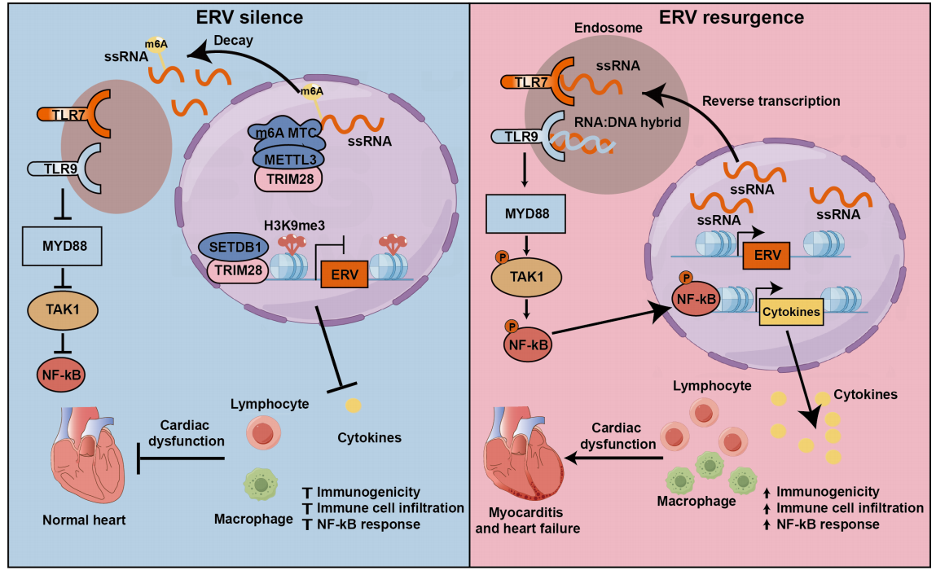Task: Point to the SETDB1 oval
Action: point(235,247)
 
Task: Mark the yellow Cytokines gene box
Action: point(790,310)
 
